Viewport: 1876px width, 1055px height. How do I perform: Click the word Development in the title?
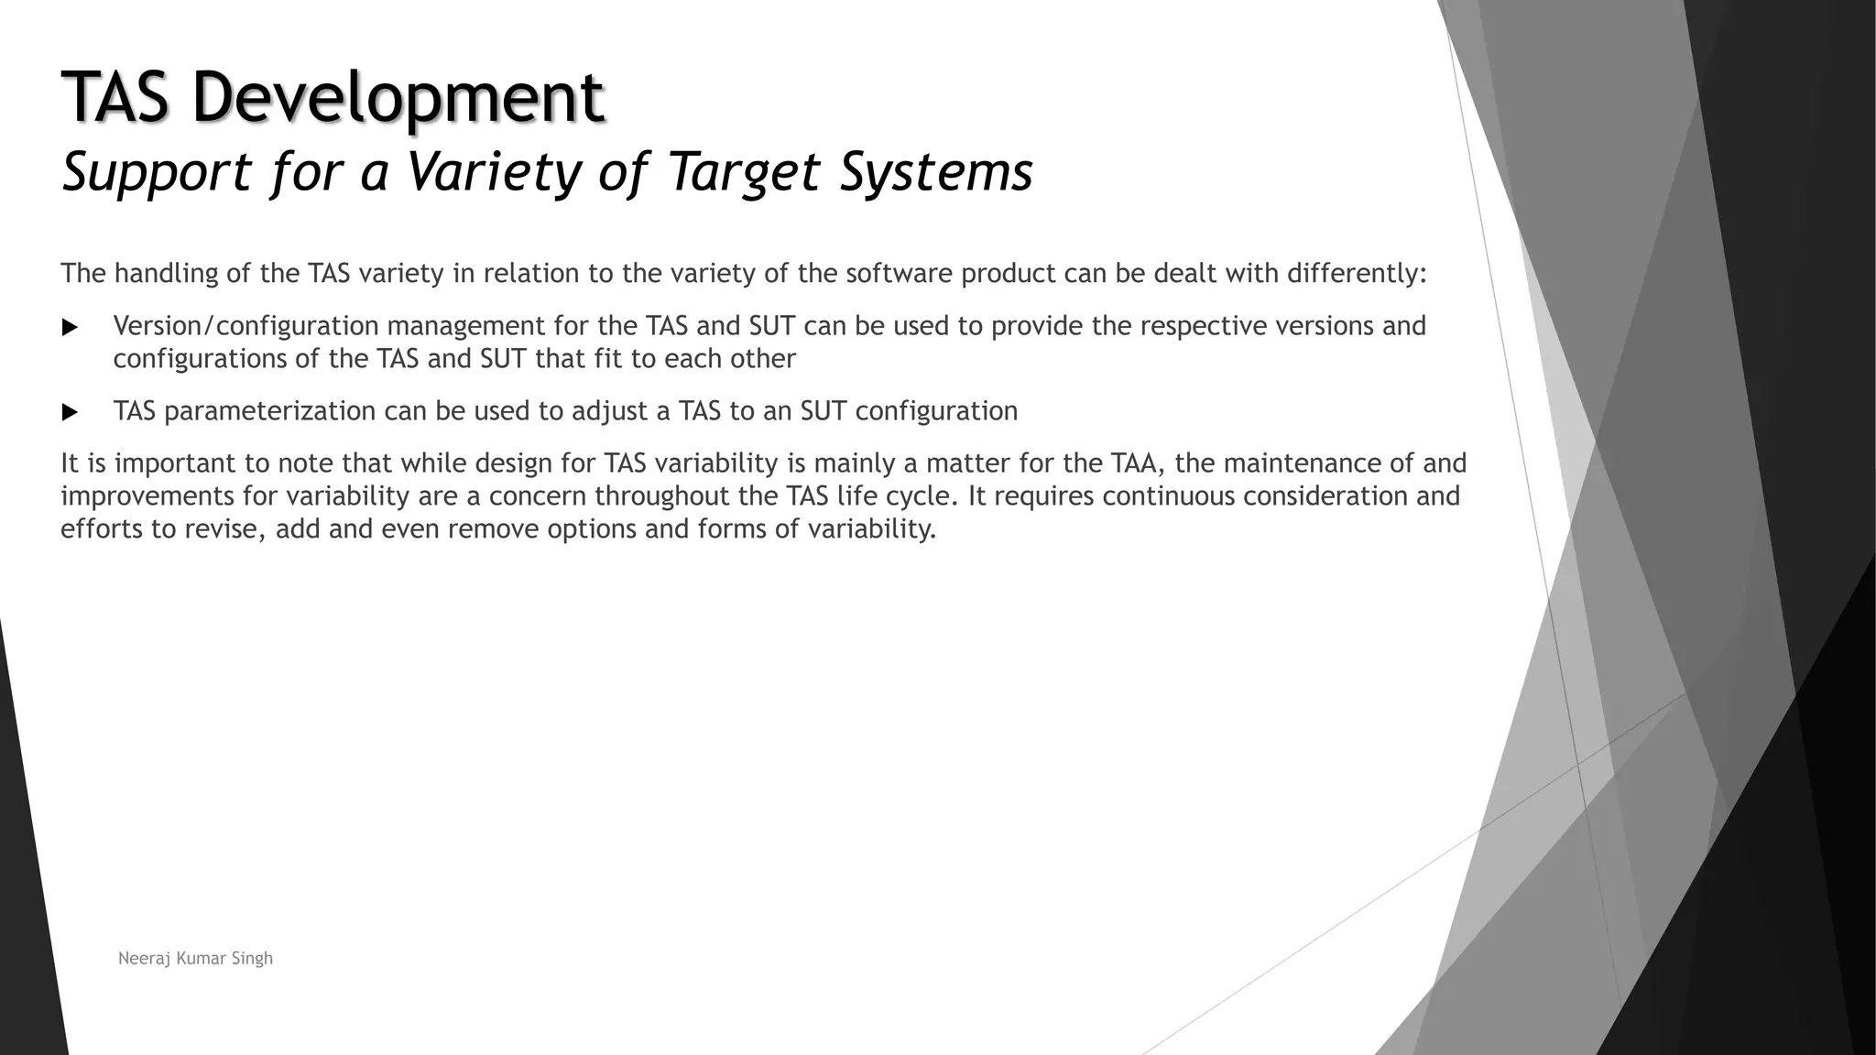[x=398, y=97]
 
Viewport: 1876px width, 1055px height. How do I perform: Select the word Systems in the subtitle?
[x=936, y=171]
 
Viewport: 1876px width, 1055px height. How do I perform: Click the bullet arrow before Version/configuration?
[x=71, y=328]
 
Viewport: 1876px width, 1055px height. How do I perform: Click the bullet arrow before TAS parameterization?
[x=71, y=413]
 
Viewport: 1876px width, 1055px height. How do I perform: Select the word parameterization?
[x=270, y=411]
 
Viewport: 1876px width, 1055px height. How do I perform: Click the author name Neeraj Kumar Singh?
[x=195, y=958]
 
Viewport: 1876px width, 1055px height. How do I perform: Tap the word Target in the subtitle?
[x=744, y=171]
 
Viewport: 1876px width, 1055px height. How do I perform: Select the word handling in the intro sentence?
[x=167, y=273]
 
